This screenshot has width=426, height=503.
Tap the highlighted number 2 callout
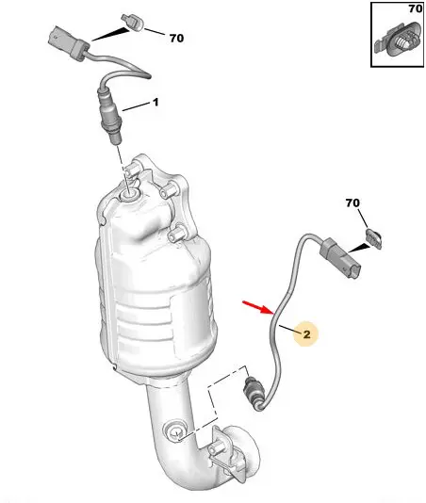[x=306, y=334]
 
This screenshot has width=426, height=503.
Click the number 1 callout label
[x=156, y=103]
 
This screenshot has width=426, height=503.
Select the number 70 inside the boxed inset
[x=416, y=8]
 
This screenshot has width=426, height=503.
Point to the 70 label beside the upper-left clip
[x=176, y=39]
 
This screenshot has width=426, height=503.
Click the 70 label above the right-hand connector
[x=352, y=203]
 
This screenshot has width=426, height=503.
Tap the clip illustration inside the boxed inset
[x=398, y=41]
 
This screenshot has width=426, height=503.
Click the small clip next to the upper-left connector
[x=133, y=23]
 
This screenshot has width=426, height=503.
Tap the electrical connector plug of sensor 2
[x=340, y=258]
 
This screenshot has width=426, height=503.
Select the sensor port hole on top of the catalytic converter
[x=129, y=194]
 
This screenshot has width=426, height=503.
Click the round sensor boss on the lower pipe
[x=175, y=430]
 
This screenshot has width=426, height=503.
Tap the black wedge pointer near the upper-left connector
[x=111, y=34]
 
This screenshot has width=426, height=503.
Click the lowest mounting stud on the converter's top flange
[x=176, y=235]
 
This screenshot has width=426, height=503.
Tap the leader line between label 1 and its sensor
[x=137, y=106]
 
